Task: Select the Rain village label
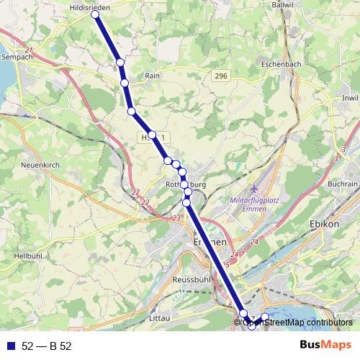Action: point(152,75)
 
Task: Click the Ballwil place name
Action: point(283,4)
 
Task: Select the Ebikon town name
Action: point(323,223)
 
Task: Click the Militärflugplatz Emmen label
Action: point(247,204)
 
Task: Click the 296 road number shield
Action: point(220,76)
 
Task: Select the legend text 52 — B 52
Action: point(46,346)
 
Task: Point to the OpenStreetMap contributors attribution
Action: point(296,323)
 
